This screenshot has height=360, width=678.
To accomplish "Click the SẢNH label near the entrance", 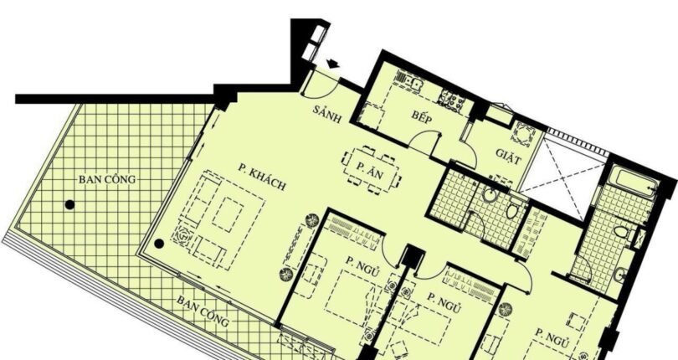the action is (x=327, y=114).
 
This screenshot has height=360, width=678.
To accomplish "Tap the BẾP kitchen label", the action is (x=422, y=117).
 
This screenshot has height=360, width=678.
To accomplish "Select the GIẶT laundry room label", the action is (x=509, y=157).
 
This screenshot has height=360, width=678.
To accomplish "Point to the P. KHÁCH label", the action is (x=262, y=177).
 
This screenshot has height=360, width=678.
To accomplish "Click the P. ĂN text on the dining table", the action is (x=370, y=170).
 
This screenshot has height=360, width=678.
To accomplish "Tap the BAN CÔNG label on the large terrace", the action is (x=107, y=179).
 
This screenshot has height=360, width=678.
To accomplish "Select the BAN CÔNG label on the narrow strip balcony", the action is (x=203, y=311).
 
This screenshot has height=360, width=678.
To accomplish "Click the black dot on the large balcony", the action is (x=69, y=204).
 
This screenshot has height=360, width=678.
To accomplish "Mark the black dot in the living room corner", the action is (x=159, y=244).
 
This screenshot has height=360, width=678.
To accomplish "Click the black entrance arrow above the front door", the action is (x=332, y=64).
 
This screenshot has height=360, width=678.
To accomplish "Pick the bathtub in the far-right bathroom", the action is (x=634, y=183).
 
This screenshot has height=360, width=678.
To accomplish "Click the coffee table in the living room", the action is (x=228, y=214).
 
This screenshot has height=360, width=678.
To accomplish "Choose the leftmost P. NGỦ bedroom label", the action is (x=362, y=265).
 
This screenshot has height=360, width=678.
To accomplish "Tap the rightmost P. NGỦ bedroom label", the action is (x=552, y=337).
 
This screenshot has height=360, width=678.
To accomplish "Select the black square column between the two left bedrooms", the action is (x=412, y=255).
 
